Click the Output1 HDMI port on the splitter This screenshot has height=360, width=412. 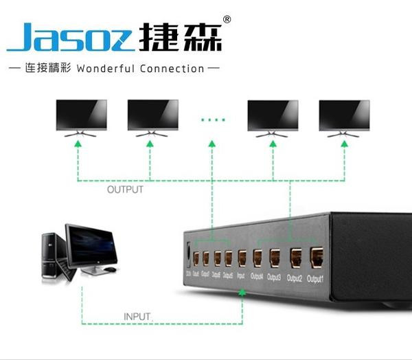tap(317, 258)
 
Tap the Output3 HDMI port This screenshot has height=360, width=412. tap(275, 258)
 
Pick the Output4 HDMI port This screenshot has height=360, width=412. tap(257, 258)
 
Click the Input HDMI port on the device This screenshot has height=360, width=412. tap(242, 259)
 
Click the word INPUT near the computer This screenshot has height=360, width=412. tap(137, 317)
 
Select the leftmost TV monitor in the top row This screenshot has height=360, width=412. tap(80, 115)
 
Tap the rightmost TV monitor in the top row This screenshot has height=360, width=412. tap(344, 115)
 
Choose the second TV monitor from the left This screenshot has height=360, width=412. tap(152, 115)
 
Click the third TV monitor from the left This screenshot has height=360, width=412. tap(273, 115)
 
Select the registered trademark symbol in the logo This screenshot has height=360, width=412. tap(227, 19)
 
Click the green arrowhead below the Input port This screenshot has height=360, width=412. tap(242, 293)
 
